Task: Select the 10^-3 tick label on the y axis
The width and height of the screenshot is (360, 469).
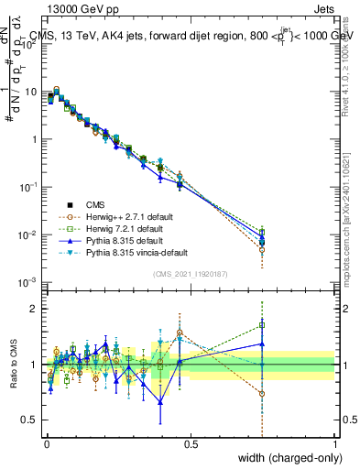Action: (28, 282)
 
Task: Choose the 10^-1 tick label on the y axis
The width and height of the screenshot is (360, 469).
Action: (28, 187)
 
